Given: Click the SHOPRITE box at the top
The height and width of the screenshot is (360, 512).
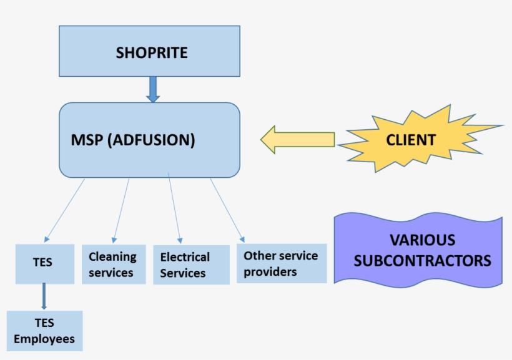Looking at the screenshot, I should [149, 51].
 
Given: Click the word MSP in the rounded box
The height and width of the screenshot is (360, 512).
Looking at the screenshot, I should [87, 140].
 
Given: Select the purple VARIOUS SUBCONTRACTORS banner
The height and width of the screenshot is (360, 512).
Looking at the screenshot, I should [418, 250].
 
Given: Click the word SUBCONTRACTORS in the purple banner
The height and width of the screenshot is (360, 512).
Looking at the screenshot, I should [422, 260].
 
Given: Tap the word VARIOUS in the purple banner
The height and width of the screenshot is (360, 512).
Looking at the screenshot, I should [422, 240].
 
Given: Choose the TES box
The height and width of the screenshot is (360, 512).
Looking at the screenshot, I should [42, 263].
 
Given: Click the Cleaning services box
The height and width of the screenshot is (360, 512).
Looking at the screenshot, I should [113, 265].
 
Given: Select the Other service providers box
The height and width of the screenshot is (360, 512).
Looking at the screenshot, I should [281, 263].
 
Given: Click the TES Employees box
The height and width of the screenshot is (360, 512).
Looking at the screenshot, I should [44, 331].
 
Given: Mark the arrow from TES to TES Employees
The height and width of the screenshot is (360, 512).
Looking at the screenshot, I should [44, 296].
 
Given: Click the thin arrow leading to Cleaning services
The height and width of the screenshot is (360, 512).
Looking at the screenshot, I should [122, 211].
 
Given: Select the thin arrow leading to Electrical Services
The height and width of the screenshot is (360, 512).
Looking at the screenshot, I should [175, 209].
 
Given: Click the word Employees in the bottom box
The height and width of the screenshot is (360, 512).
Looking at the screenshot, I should [44, 339].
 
